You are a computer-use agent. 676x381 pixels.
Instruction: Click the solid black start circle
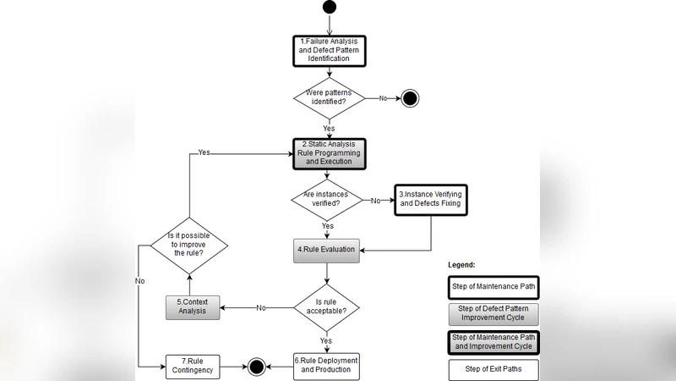pyautogui.click(x=329, y=7)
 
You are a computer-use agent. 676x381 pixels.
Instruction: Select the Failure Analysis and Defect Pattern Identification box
pyautogui.click(x=329, y=50)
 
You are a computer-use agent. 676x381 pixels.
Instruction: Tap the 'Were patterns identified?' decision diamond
pyautogui.click(x=329, y=98)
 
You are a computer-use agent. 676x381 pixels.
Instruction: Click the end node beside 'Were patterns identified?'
pyautogui.click(x=410, y=98)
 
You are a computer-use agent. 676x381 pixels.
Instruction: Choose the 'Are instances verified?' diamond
pyautogui.click(x=329, y=200)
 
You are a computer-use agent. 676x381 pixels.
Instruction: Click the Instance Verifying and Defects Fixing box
pyautogui.click(x=431, y=200)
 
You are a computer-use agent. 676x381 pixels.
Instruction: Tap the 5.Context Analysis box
pyautogui.click(x=194, y=306)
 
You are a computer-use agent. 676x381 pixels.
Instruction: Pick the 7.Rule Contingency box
pyautogui.click(x=194, y=366)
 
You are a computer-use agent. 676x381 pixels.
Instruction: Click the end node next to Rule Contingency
pyautogui.click(x=256, y=367)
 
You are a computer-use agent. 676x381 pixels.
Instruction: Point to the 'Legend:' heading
pyautogui.click(x=462, y=265)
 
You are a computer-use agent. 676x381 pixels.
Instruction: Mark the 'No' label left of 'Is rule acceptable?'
pyautogui.click(x=261, y=307)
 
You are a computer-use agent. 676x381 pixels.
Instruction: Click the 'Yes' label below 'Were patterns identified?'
pyautogui.click(x=329, y=128)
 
